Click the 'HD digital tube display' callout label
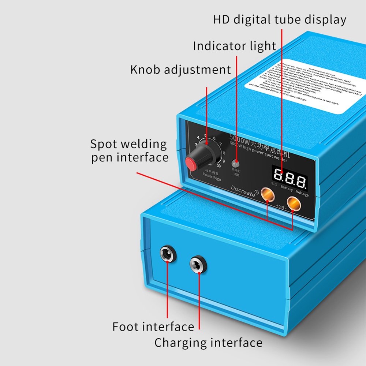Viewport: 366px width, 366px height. click(280, 19)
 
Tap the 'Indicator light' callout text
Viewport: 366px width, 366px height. click(234, 46)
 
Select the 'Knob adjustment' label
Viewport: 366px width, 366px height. click(180, 69)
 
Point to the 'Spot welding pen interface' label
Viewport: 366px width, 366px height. click(129, 150)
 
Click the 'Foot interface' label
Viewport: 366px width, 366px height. click(153, 326)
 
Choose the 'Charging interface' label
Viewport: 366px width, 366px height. click(208, 343)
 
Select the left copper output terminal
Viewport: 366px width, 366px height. click(267, 195)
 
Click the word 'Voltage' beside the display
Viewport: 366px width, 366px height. click(302, 194)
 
